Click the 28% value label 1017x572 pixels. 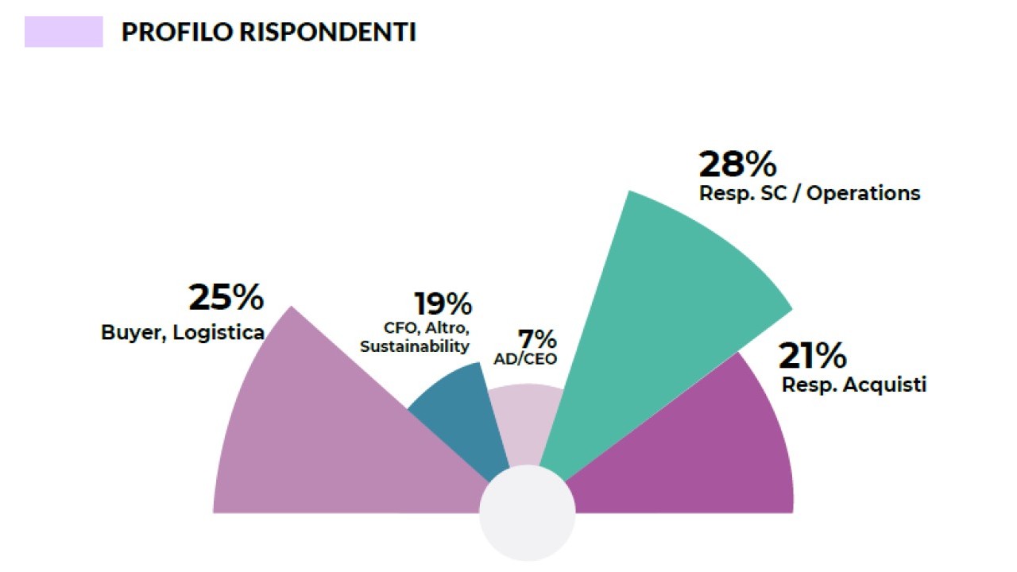click(737, 164)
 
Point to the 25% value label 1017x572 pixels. click(226, 298)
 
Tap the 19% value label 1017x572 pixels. click(443, 304)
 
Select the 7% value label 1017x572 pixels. click(537, 339)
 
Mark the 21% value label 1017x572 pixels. click(812, 357)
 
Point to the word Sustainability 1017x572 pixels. click(415, 347)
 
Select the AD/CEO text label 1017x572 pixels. click(525, 359)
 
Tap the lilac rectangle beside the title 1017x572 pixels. click(64, 32)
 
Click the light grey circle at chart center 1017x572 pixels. click(527, 513)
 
